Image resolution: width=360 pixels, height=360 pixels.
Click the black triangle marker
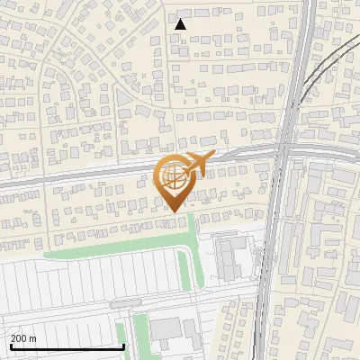(x=180, y=24)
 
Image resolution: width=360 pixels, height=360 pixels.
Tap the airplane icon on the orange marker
(x=199, y=164)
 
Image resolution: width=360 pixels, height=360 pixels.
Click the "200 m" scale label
(x=23, y=338)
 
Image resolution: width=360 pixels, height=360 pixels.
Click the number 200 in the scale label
(x=19, y=338)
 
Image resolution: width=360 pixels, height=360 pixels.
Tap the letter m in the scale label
(x=32, y=338)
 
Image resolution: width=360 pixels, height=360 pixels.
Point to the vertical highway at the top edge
(x=303, y=4)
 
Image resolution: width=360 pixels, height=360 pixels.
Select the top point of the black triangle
(x=180, y=19)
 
